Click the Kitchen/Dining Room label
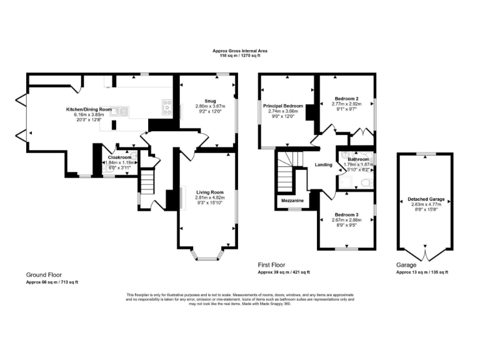[89, 109]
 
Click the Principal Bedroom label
[287, 106]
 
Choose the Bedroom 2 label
[346, 99]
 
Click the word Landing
[323, 165]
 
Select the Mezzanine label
[292, 201]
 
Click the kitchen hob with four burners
[167, 107]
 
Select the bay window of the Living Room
[206, 254]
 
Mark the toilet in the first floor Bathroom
[366, 183]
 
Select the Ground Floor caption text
[44, 275]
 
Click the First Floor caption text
[273, 265]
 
